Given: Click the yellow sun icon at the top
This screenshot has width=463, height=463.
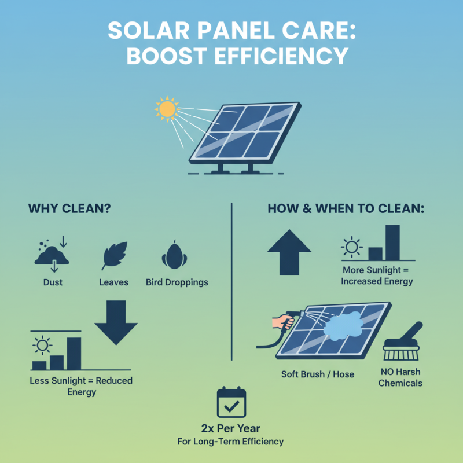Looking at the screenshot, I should point(167,108).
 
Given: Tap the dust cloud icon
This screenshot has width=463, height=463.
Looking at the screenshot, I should point(52,255).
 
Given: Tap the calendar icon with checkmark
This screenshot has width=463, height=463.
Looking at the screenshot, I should point(231,403).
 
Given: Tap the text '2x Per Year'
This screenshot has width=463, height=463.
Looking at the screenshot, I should point(231,429).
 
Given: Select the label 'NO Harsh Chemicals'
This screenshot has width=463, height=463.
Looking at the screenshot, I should point(400,377).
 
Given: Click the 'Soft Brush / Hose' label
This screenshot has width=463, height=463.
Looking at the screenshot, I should point(318,374).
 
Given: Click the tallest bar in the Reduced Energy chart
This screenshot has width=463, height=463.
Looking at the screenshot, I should point(74,353).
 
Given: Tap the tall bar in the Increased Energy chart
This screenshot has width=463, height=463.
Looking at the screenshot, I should point(392,242).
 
